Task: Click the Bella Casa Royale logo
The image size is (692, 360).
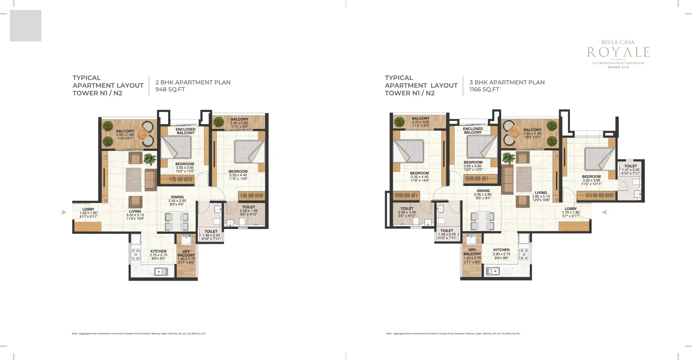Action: coord(618,54)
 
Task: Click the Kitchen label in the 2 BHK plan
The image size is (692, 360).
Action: coord(158,251)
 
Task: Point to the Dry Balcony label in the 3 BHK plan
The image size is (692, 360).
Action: coord(472,252)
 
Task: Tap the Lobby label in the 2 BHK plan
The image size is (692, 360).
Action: coord(88,209)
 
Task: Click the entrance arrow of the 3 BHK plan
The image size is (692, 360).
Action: coord(604,212)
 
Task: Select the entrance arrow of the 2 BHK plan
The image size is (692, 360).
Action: coord(64,212)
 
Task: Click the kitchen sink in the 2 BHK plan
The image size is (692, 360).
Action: coord(161,272)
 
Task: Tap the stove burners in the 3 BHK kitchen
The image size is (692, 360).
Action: coord(524,254)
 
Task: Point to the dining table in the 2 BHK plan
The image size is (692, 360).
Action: coord(177,221)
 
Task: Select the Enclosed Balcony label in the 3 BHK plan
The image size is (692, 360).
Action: coord(473,131)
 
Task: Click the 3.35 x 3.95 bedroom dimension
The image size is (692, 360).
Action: coord(591,180)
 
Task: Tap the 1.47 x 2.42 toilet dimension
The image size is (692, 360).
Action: coord(630,170)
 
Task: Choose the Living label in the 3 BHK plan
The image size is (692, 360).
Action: coord(541,193)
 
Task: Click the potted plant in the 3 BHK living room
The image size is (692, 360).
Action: coord(508,158)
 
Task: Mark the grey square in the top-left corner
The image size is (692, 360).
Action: coord(26,26)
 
